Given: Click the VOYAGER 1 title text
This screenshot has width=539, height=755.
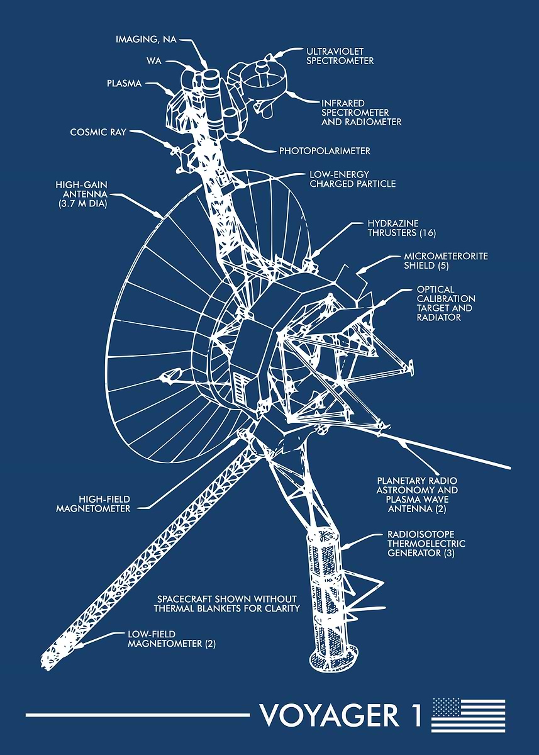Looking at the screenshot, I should tap(340, 715).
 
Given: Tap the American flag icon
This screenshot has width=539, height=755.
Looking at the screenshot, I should tap(469, 715).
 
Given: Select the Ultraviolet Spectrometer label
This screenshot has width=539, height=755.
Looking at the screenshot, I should tap(340, 55).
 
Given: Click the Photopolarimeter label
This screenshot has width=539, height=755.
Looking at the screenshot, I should tap(325, 151).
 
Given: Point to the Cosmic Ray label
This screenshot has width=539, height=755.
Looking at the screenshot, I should tap(98, 132).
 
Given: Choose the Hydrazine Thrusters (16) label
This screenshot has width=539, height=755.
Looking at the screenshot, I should tap(402, 228).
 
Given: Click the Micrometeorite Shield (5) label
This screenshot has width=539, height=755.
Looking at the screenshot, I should tap(445, 261).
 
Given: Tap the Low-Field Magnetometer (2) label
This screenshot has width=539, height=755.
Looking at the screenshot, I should tap(171, 639).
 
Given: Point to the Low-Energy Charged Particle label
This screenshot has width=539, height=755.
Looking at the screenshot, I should tap(352, 179).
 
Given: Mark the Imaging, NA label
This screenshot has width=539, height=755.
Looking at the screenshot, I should tap(146, 40).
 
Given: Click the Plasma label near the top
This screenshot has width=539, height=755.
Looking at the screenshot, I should tap(125, 83).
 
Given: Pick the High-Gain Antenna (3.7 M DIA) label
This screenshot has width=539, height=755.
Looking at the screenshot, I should tap(81, 194).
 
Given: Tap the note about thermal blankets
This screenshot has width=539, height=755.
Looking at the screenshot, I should tap(226, 603).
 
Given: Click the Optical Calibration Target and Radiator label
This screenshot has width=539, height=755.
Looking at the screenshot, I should tap(446, 303).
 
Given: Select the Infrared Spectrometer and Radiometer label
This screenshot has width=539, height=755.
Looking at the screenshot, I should tap(361, 112).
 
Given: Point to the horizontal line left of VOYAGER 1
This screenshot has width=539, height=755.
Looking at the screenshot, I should tap(138, 715).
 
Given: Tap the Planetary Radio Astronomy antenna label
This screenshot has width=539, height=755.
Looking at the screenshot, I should tap(417, 494).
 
